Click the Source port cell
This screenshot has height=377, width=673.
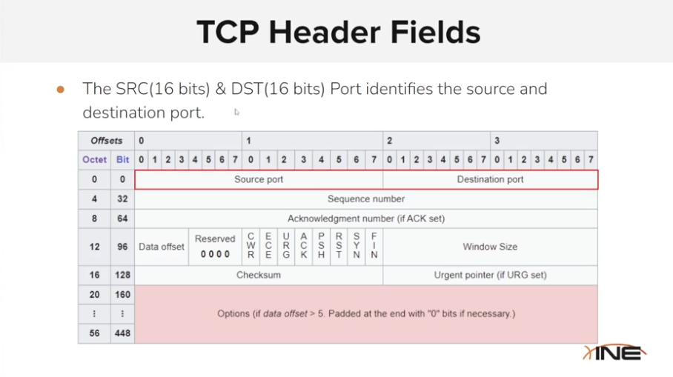pos(259,180)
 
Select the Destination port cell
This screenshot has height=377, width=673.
pos(490,180)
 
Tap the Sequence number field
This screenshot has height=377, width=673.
pos(366,199)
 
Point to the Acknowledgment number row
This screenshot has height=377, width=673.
pos(366,218)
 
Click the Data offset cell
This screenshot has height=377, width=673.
pos(162,247)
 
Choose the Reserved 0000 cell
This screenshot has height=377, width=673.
pos(215,247)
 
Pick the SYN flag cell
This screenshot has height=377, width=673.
pos(357,247)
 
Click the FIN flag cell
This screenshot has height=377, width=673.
pos(374,247)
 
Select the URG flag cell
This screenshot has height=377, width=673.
pos(286,247)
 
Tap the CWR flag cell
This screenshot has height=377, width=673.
pos(251,247)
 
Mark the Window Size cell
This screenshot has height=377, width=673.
pos(490,247)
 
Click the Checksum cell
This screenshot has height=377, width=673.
pos(259,275)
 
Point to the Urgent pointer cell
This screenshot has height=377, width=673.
pos(490,275)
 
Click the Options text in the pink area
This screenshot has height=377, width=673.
pos(366,314)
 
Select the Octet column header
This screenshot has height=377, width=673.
pos(95,160)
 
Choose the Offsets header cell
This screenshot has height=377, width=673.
pos(106,141)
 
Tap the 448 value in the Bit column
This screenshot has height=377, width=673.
pos(122,333)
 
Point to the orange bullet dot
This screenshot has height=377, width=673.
pos(61,90)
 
